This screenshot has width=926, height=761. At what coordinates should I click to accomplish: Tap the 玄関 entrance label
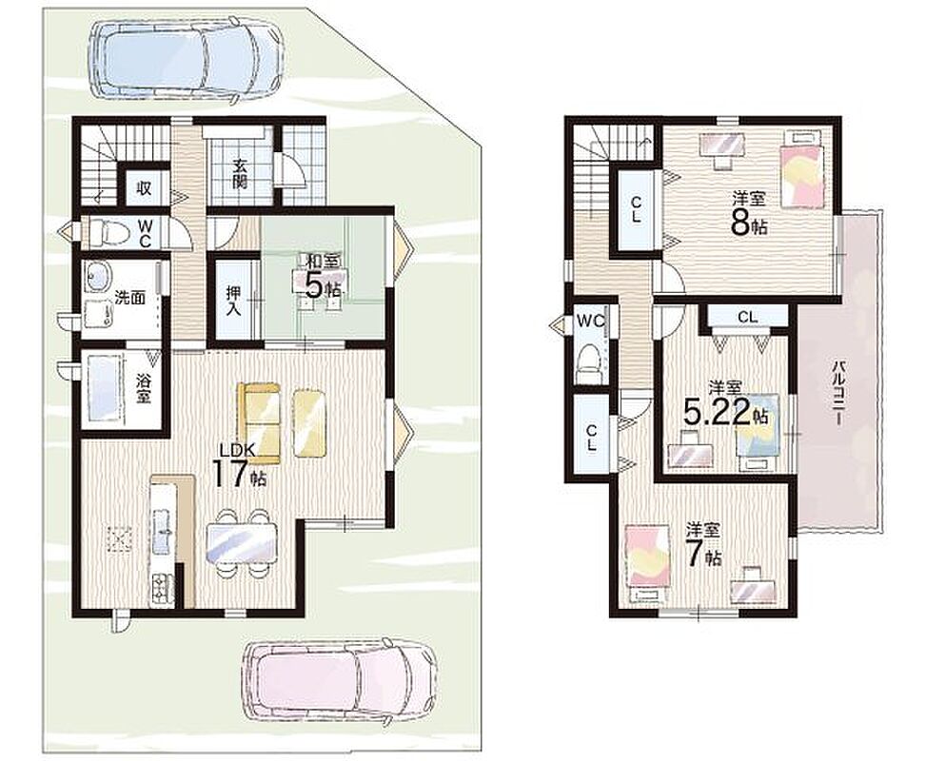[x=239, y=174]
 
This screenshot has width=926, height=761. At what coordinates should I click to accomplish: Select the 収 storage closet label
[x=144, y=188]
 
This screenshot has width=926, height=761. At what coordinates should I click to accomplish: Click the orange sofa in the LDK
[x=259, y=424]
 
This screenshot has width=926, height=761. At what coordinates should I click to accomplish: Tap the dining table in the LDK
[x=242, y=542]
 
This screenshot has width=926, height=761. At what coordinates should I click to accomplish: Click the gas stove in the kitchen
[x=161, y=589]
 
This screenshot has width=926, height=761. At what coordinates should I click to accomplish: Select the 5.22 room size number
[x=718, y=412]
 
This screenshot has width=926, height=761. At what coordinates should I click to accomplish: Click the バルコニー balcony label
[x=837, y=394]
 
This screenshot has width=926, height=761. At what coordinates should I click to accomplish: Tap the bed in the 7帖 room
[x=648, y=561]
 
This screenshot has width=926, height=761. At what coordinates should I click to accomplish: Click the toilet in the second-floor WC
[x=587, y=363]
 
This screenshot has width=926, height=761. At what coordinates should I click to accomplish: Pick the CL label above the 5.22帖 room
[x=747, y=317]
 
